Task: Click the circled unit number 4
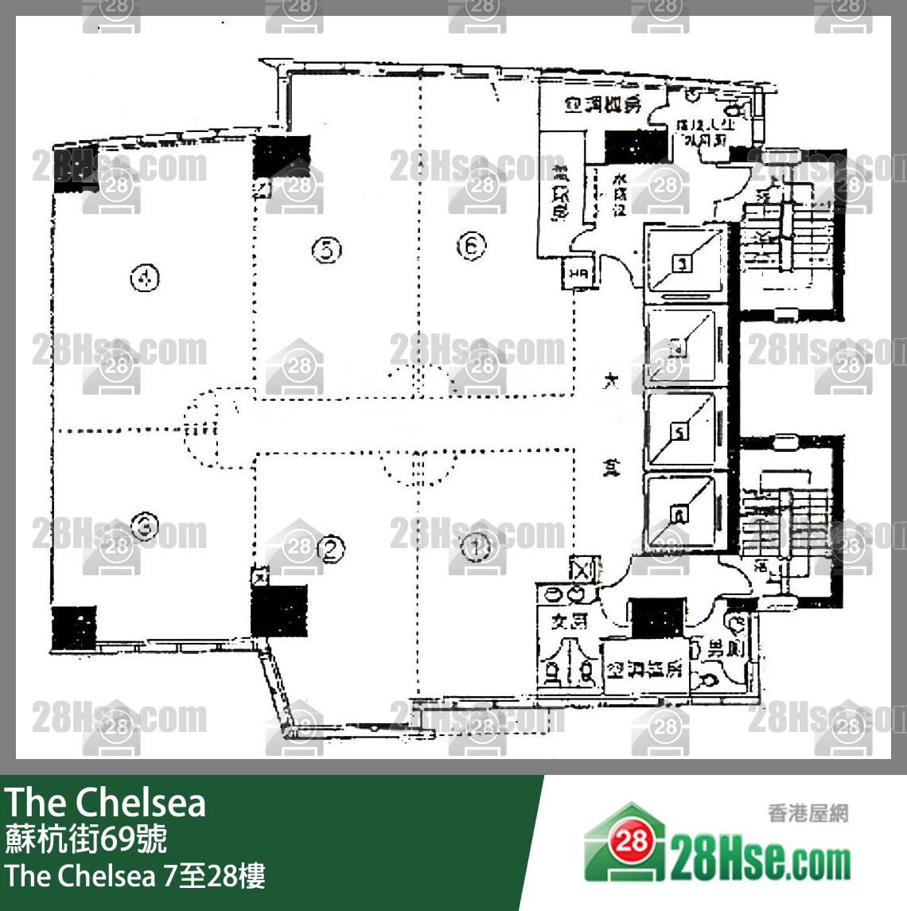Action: pos(145,278)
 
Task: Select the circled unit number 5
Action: pos(326,249)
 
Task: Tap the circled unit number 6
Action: pos(471,246)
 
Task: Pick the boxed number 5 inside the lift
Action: pos(679,432)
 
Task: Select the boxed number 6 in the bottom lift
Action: pos(679,515)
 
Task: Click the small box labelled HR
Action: pos(578,274)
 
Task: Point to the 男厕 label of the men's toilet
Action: pos(726,648)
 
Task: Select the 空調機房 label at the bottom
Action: pos(644,669)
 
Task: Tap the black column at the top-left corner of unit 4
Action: pos(75,167)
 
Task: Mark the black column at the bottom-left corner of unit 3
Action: pos(73,628)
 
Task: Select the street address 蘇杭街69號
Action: pos(86,839)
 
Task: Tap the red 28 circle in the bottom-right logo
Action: pos(631,840)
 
